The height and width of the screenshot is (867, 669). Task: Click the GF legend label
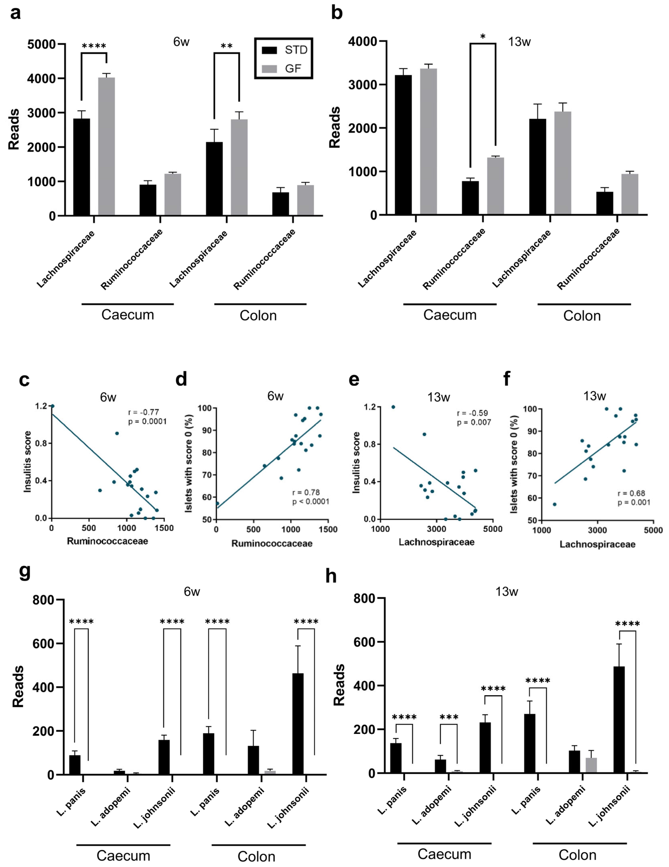pyautogui.click(x=293, y=69)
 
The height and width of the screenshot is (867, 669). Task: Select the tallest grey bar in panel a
pyautogui.click(x=106, y=147)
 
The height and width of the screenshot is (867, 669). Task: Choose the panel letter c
pyautogui.click(x=24, y=380)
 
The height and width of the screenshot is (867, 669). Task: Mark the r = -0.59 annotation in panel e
pyautogui.click(x=472, y=413)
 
